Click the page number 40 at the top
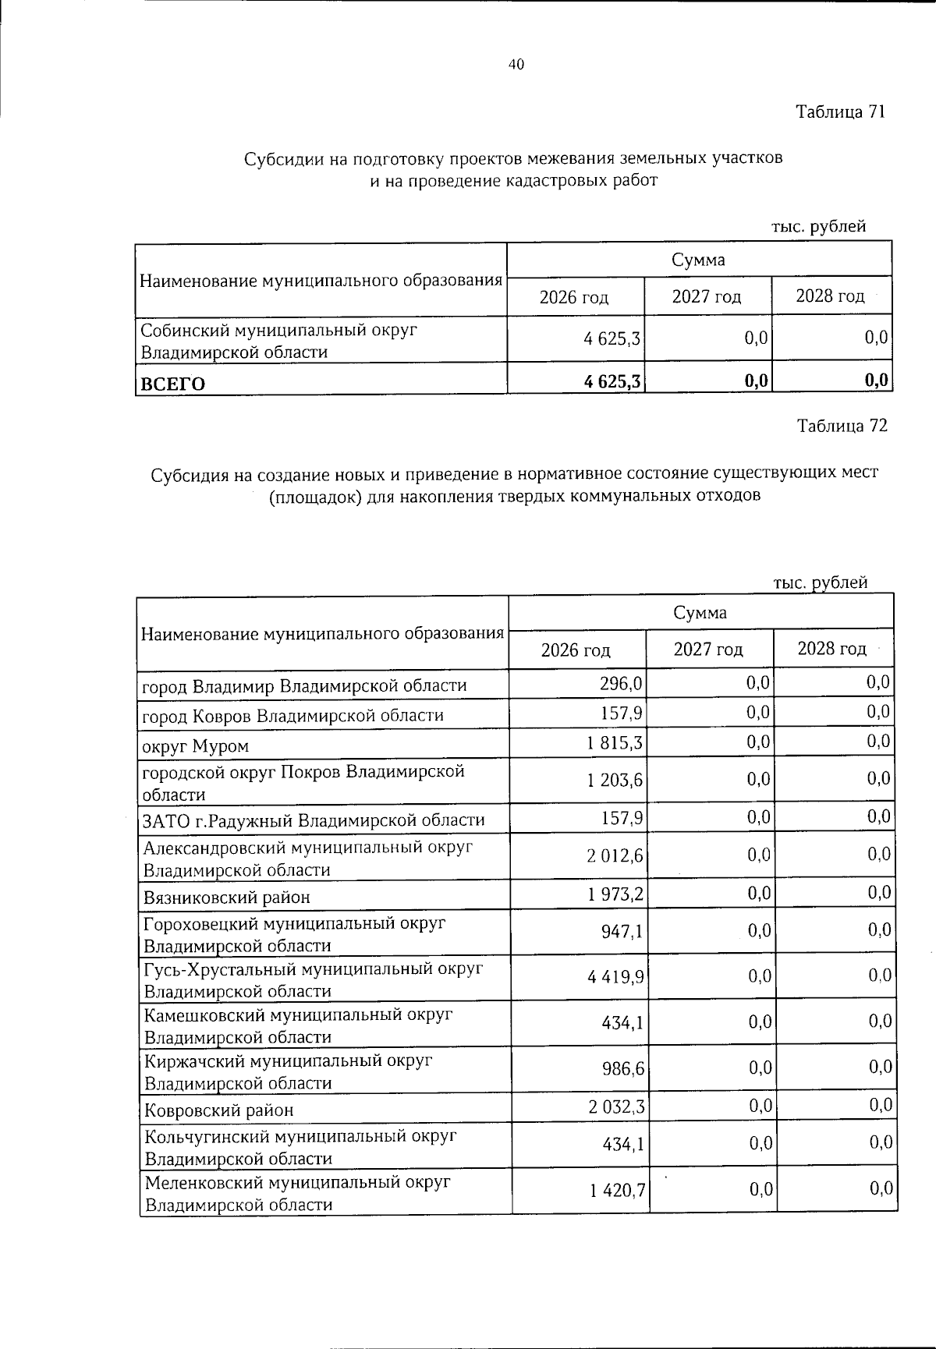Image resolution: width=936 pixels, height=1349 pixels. [516, 65]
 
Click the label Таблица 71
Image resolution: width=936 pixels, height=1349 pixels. [841, 112]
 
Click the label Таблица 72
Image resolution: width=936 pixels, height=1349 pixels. [842, 426]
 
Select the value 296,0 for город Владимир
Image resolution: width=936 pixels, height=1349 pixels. [622, 684]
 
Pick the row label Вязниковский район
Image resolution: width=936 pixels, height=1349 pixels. [226, 897]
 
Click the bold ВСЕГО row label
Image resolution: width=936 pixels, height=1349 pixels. [172, 384]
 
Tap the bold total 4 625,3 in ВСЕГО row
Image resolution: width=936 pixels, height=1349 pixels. [612, 381]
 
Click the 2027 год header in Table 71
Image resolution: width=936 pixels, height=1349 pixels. [707, 297]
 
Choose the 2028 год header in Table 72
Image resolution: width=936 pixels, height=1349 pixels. [831, 649]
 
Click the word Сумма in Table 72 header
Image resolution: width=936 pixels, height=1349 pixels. [700, 613]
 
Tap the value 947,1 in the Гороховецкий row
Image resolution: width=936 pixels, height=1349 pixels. [622, 931]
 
